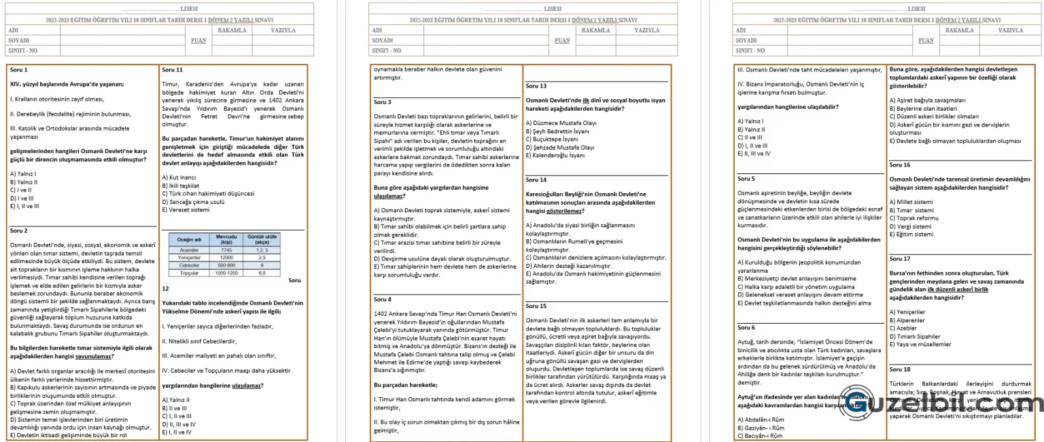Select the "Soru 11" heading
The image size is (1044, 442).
[173, 70]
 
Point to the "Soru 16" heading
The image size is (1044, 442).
[900, 165]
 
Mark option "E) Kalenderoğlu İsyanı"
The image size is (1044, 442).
[555, 155]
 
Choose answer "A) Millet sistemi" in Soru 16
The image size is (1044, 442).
[911, 202]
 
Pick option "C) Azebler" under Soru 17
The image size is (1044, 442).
[903, 328]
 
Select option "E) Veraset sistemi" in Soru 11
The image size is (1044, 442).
[186, 210]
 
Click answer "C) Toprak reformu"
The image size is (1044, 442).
[913, 218]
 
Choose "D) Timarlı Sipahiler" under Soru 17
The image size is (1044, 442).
[915, 337]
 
